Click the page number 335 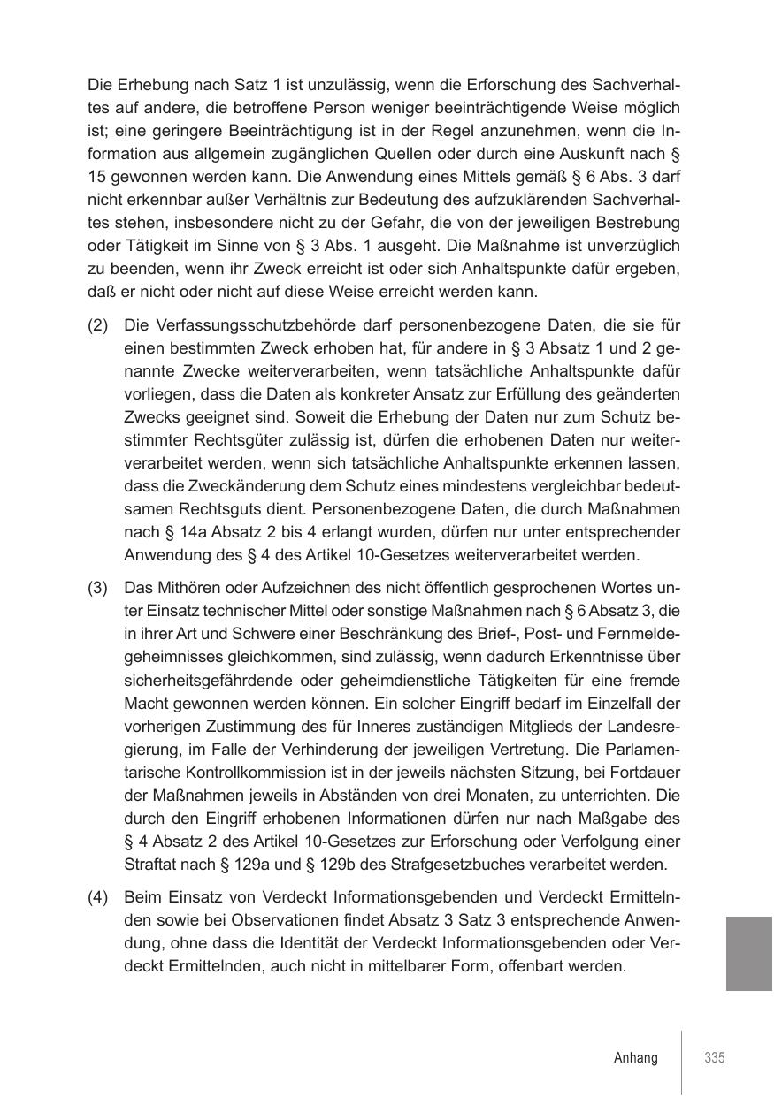click(x=715, y=1058)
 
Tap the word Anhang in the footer click(x=636, y=1058)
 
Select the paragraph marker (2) click(x=98, y=325)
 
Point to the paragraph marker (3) click(x=98, y=588)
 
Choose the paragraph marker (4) click(x=98, y=897)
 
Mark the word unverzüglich click(x=635, y=246)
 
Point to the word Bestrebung click(x=637, y=223)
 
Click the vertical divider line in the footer click(x=682, y=1061)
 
